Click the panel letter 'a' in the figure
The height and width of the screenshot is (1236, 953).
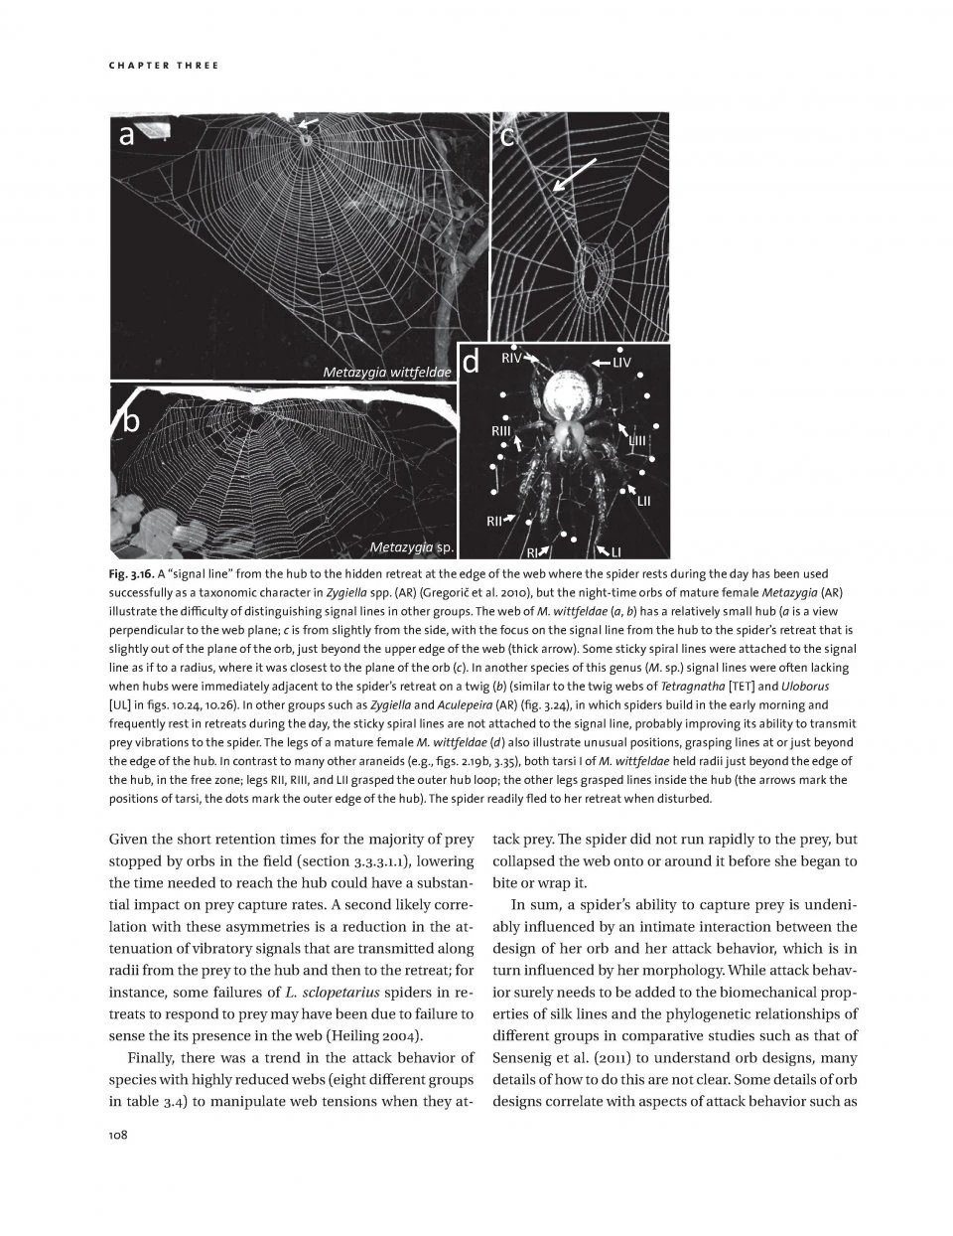126,136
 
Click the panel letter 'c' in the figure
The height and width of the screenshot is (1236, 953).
508,136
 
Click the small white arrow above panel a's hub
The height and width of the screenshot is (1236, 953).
309,122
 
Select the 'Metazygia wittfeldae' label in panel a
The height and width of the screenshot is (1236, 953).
387,372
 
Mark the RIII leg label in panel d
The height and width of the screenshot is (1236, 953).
501,432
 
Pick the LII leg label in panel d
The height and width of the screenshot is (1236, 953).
643,503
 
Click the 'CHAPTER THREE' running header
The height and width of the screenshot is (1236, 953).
162,66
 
